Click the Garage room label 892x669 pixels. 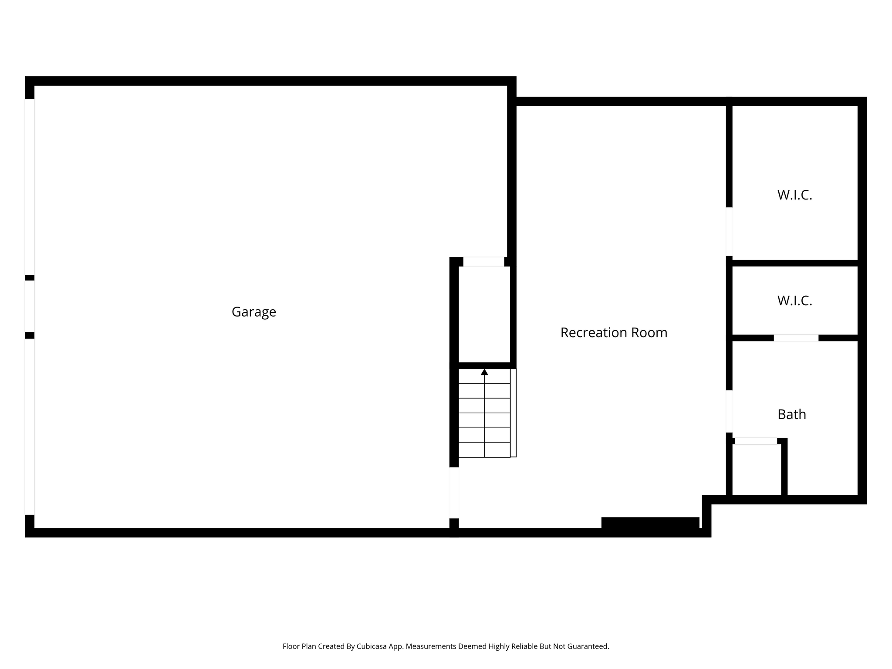tap(253, 312)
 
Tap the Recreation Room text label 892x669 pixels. tap(614, 332)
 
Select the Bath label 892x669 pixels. tap(791, 414)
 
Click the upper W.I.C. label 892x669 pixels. tap(794, 195)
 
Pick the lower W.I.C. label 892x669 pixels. tap(794, 301)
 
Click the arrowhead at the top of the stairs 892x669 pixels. tap(484, 372)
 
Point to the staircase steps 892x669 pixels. tap(484, 413)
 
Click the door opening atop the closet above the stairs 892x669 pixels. tap(483, 262)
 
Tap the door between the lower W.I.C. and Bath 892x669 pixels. tap(796, 338)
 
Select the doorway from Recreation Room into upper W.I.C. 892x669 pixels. tap(729, 231)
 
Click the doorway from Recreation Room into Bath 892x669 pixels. tap(729, 411)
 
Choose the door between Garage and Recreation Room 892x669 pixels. tap(454, 493)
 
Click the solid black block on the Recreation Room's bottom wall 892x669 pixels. tap(650, 523)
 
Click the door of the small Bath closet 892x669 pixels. tap(756, 441)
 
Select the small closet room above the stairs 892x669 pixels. tap(484, 314)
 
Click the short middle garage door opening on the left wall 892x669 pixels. tap(30, 306)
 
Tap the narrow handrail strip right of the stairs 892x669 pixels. tap(513, 413)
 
